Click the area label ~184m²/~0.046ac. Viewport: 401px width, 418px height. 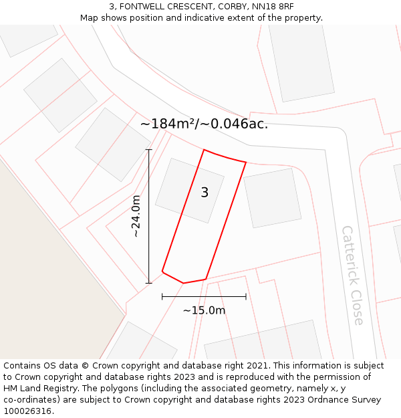(204, 124)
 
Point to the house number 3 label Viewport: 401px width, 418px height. (205, 193)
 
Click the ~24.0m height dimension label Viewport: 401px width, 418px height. (136, 216)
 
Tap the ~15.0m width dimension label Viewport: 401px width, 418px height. (204, 310)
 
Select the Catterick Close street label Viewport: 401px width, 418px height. (352, 275)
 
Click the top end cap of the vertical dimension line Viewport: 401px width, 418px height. (149, 150)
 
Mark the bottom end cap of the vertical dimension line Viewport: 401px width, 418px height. (149, 283)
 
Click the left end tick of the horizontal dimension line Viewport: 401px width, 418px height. (162, 296)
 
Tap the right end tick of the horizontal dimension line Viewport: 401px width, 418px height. (246, 296)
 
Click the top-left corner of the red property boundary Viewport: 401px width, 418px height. (204, 150)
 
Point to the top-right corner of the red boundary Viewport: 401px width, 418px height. (246, 162)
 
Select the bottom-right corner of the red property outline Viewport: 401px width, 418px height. (206, 279)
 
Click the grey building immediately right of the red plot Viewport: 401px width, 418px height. (272, 197)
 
